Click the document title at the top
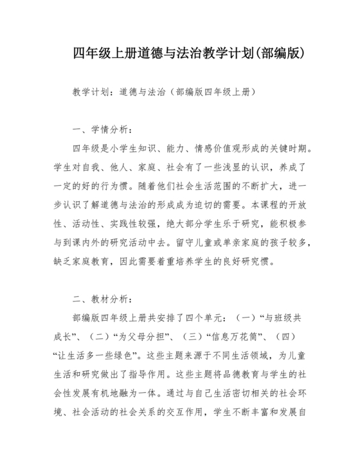[x=180, y=53]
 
